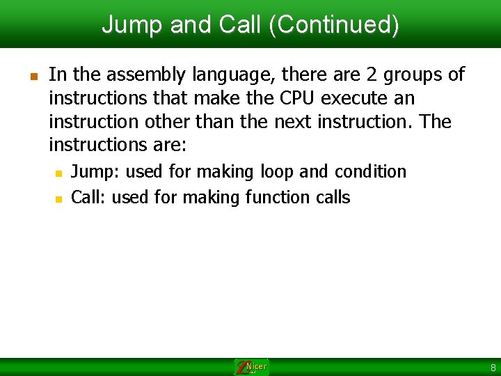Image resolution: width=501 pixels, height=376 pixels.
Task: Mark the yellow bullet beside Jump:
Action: coord(59,172)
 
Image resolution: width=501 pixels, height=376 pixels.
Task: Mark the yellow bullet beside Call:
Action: coord(59,198)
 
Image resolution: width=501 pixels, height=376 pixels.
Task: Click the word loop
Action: coord(278,171)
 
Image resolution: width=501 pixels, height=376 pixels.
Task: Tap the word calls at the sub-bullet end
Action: coord(333,198)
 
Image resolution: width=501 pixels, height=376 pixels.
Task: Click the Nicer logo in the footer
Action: coord(251,367)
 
